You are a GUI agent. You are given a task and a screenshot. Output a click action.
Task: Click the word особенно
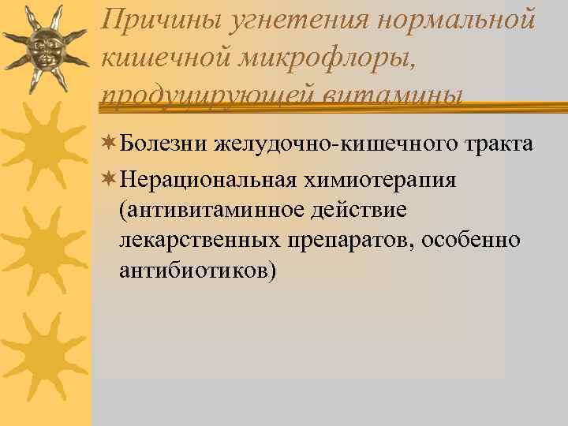(471, 240)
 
